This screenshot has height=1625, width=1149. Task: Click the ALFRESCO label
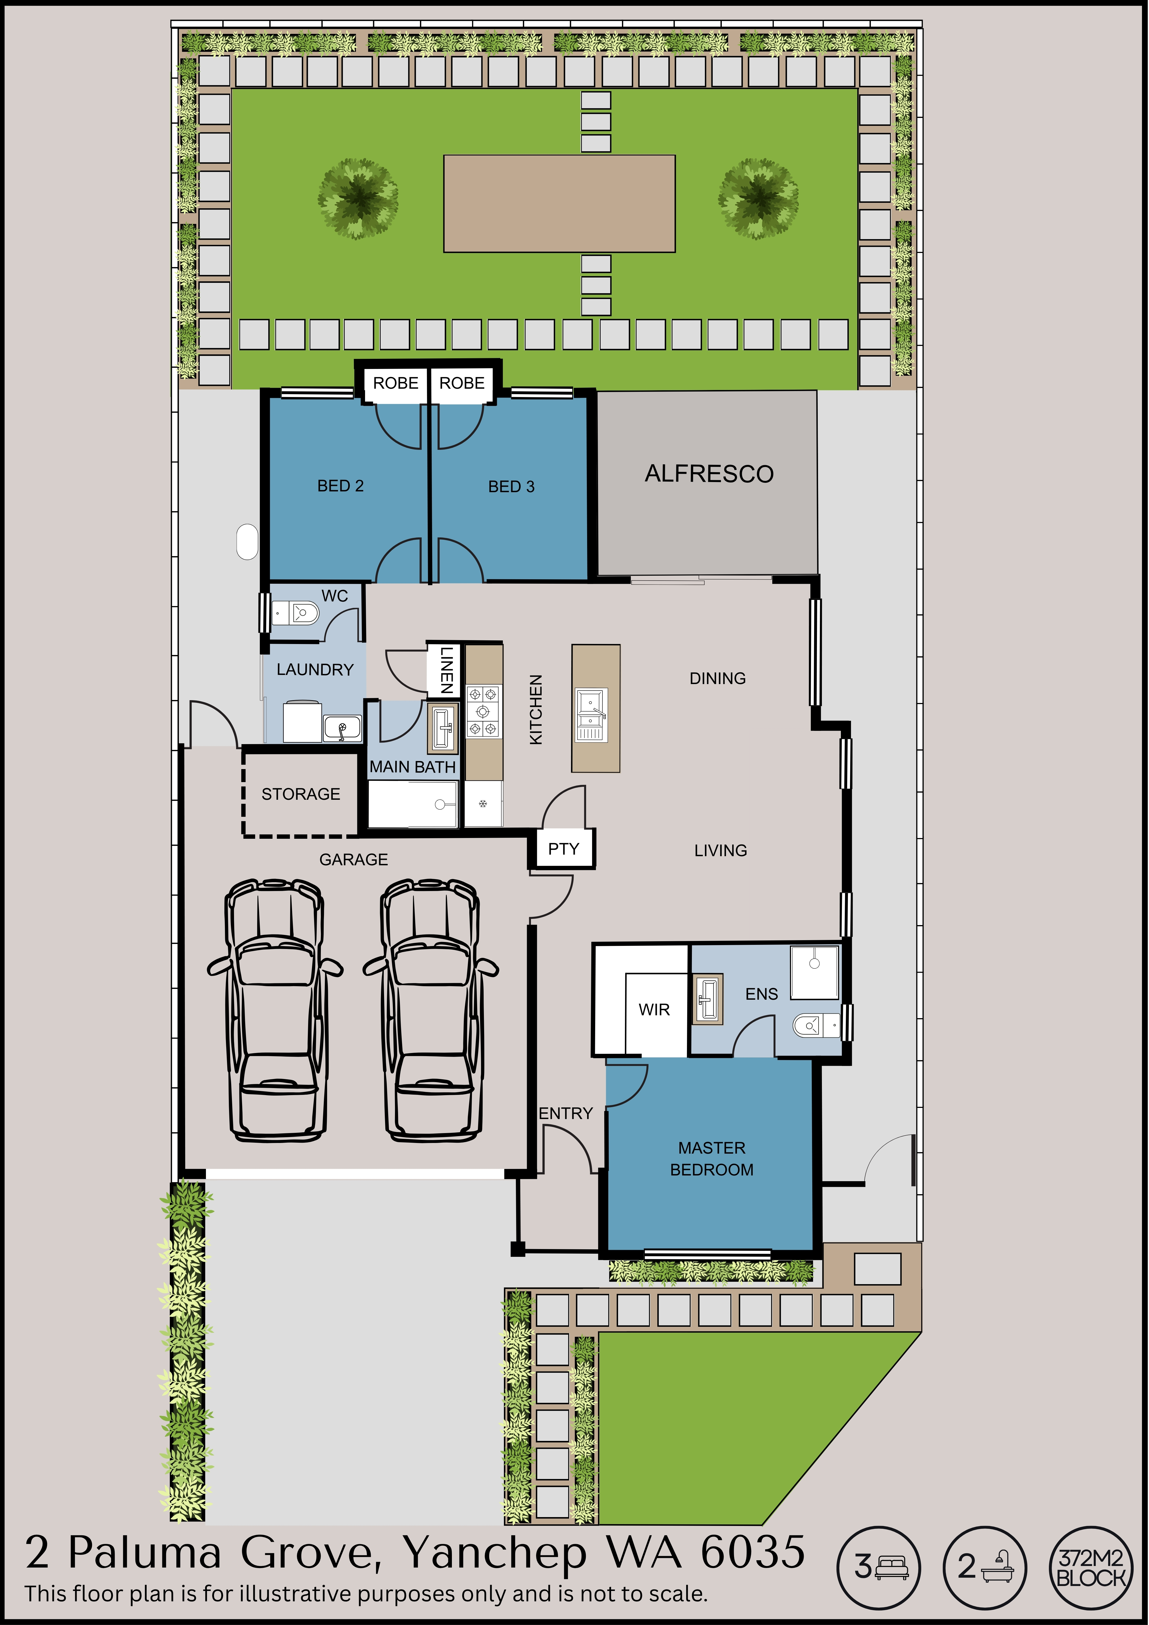(x=709, y=473)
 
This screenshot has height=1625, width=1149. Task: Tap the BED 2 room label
(x=341, y=485)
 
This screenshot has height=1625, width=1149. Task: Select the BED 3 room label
(x=511, y=486)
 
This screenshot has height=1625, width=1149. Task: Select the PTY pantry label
(x=563, y=849)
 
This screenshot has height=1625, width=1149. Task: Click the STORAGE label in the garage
(x=301, y=794)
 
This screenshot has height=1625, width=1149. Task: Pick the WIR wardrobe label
(x=654, y=1009)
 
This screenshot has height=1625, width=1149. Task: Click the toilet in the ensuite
(x=816, y=1024)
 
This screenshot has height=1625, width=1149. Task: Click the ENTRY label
(x=566, y=1113)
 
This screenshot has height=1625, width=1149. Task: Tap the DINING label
(x=718, y=678)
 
